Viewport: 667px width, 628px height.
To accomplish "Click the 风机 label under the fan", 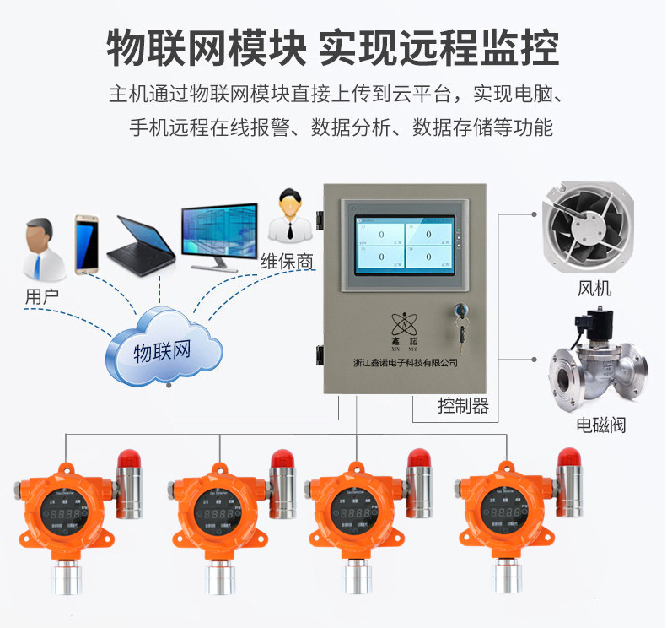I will pos(594,289).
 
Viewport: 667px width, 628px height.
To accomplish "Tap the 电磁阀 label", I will pos(601,425).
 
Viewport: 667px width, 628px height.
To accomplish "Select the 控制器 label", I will pos(463,406).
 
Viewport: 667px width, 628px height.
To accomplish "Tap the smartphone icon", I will pos(88,244).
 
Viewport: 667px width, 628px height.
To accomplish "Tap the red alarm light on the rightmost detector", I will pos(570,458).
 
